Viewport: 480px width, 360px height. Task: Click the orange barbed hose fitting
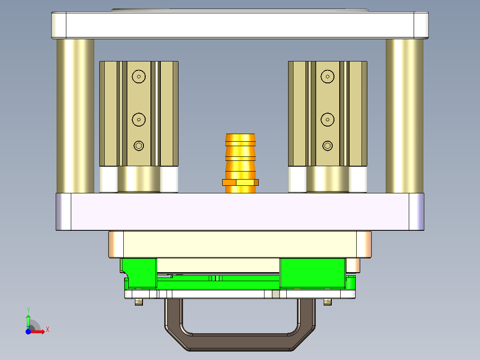click(x=240, y=151)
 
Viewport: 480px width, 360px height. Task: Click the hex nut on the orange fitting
click(x=240, y=182)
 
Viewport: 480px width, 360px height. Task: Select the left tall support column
click(x=75, y=116)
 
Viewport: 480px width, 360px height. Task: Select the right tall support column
click(x=404, y=116)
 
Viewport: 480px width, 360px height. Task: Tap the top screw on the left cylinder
click(x=139, y=77)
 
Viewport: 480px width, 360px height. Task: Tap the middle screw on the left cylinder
click(x=139, y=119)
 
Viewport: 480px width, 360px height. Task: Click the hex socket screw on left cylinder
click(x=139, y=146)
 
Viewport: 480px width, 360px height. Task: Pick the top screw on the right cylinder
click(x=328, y=77)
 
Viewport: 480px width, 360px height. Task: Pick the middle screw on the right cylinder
click(x=328, y=119)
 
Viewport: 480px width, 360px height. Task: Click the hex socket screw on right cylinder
click(x=328, y=146)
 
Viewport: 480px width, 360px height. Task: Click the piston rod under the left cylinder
click(x=138, y=180)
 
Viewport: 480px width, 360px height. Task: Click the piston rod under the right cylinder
click(x=327, y=180)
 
